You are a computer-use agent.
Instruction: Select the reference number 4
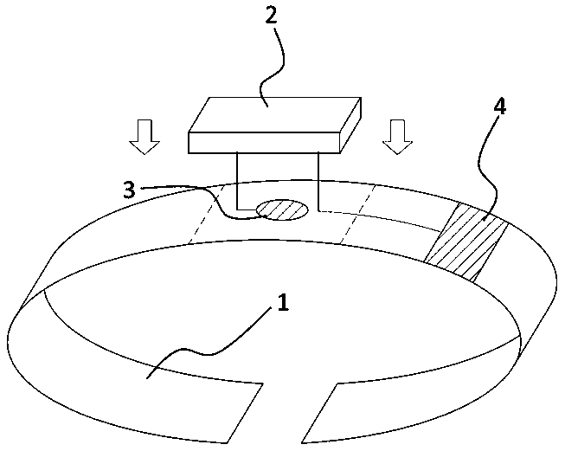[x=499, y=107]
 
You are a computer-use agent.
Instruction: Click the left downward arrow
[x=145, y=136]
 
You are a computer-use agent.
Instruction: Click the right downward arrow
[x=398, y=136]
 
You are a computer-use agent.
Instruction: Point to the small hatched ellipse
[x=282, y=209]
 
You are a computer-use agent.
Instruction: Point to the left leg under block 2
[x=238, y=182]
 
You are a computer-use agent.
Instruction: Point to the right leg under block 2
[x=320, y=182]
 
